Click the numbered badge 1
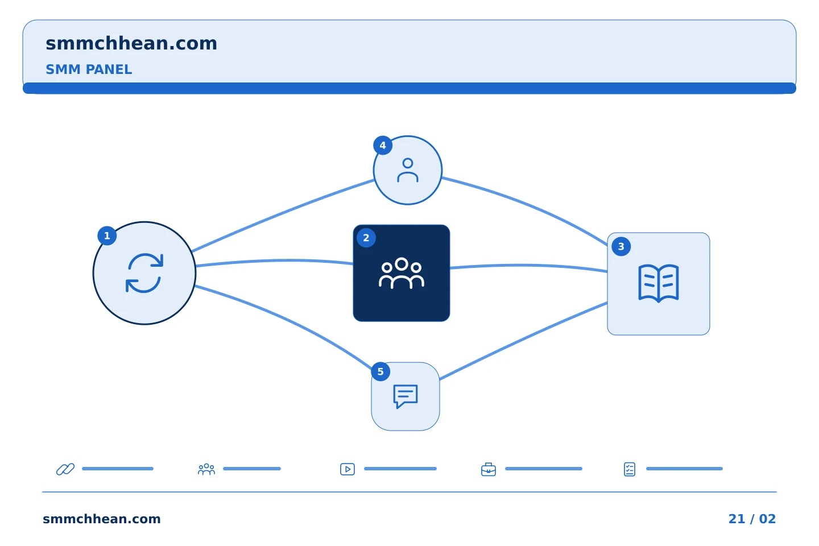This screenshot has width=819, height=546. click(x=107, y=236)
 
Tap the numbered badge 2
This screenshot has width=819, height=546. click(x=366, y=238)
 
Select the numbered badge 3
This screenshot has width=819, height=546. click(x=621, y=246)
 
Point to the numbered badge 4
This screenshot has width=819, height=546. click(x=383, y=146)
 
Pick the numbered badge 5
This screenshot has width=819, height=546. click(x=380, y=371)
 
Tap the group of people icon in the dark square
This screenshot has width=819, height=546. click(x=402, y=273)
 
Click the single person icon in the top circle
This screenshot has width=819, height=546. click(x=408, y=171)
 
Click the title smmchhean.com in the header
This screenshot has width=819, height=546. click(x=131, y=44)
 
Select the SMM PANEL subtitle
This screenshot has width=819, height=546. click(x=89, y=69)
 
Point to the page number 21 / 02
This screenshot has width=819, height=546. click(x=752, y=519)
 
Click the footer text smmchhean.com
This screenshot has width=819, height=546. click(x=102, y=519)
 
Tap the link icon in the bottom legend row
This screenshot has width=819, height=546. click(x=65, y=469)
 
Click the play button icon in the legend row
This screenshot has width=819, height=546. click(x=348, y=469)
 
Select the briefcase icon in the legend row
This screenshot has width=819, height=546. click(x=489, y=469)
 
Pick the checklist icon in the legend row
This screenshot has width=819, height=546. click(x=630, y=469)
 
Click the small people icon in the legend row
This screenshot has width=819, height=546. click(x=206, y=469)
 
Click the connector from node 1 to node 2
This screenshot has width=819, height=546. click(x=274, y=260)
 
